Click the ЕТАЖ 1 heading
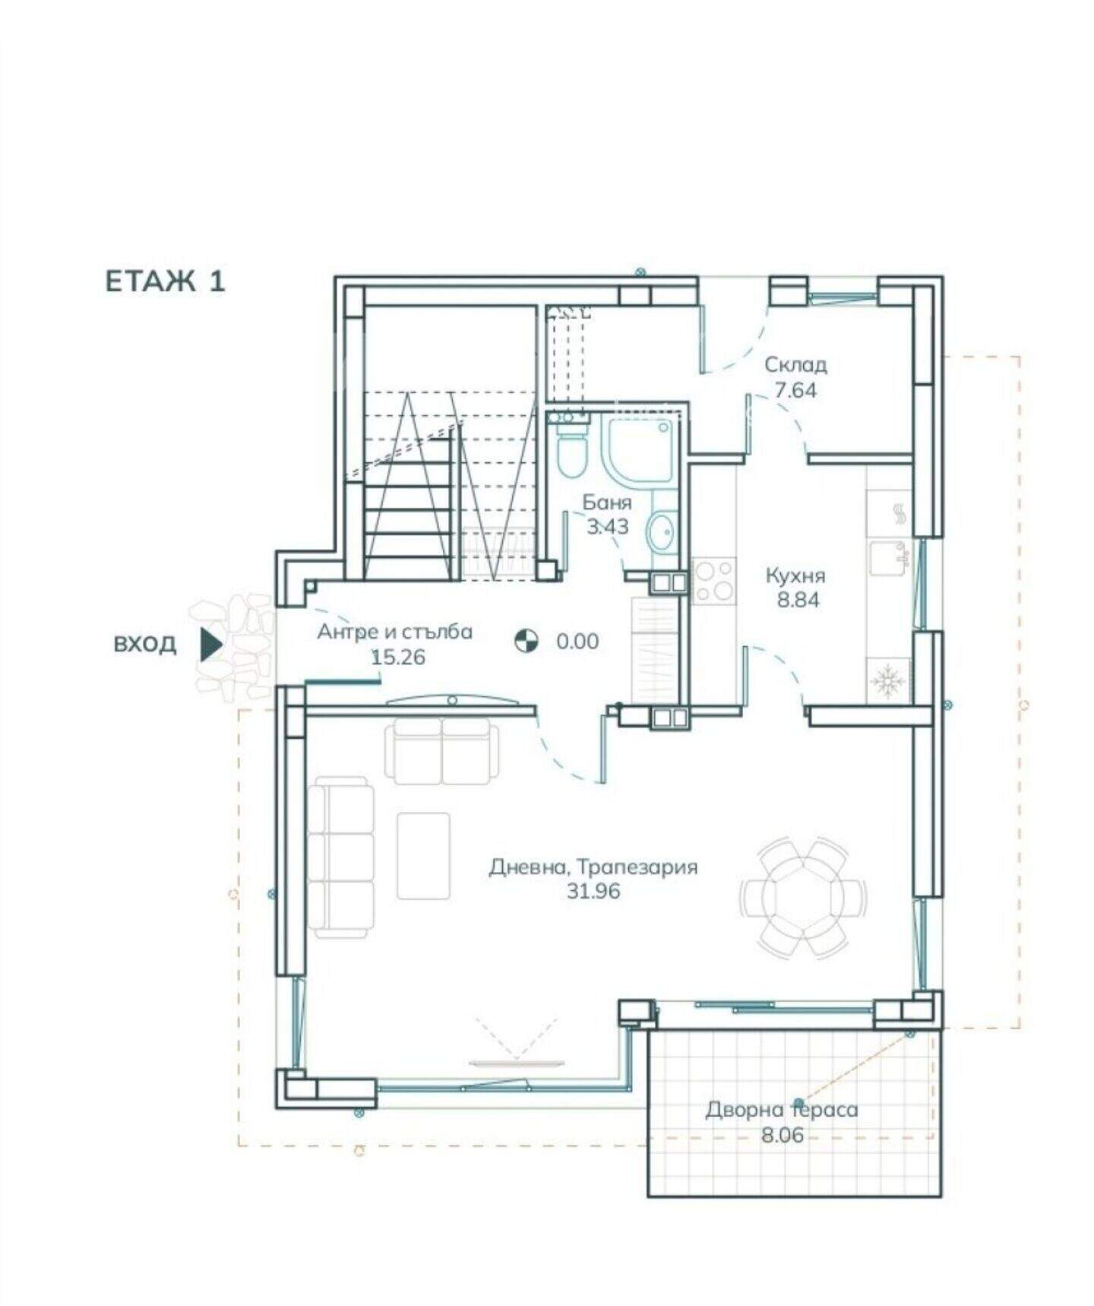[165, 281]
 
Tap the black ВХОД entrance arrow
[211, 644]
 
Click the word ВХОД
[144, 644]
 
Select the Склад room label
[795, 365]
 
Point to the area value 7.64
[795, 390]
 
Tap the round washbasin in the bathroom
[662, 531]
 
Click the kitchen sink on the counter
[888, 556]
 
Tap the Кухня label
[795, 575]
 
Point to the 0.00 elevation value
[577, 642]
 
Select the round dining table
[804, 896]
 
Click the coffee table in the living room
[424, 855]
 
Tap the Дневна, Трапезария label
[593, 867]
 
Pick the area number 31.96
[593, 891]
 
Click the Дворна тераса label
[782, 1110]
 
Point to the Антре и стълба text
[394, 632]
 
